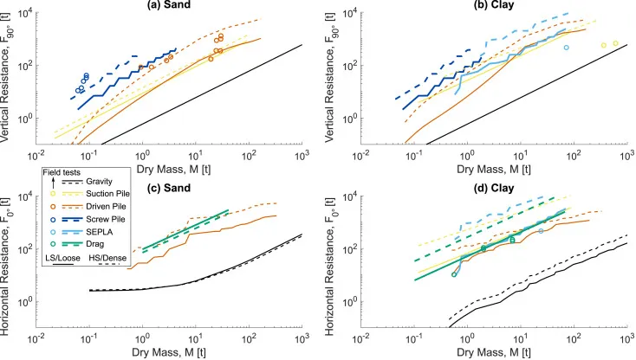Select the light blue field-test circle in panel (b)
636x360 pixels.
coord(567,48)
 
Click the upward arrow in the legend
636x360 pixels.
coord(53,183)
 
